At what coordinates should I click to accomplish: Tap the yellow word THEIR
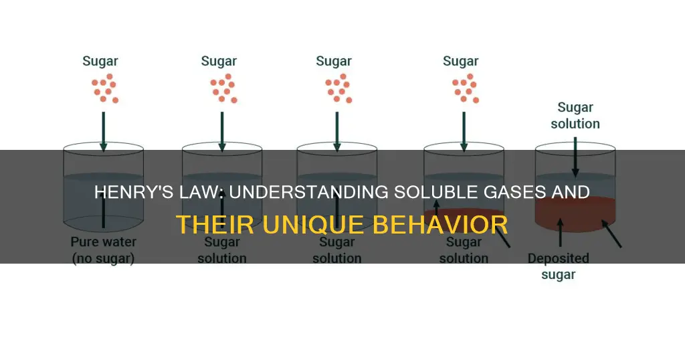[211, 225]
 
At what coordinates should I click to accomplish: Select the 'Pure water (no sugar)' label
[103, 250]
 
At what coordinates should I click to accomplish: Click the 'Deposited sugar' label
[559, 266]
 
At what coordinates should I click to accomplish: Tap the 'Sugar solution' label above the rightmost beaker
[575, 115]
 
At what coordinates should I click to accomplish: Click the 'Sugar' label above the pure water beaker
[100, 61]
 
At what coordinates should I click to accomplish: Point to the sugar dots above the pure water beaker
[105, 88]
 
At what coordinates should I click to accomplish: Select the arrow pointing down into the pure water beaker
[104, 132]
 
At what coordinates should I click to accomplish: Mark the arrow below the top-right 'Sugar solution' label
[575, 157]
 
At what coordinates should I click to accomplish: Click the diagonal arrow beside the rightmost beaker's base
[611, 234]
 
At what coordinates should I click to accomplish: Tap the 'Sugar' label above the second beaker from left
[219, 61]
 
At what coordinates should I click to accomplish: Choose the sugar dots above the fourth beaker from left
[466, 88]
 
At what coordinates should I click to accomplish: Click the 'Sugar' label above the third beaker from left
[334, 61]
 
